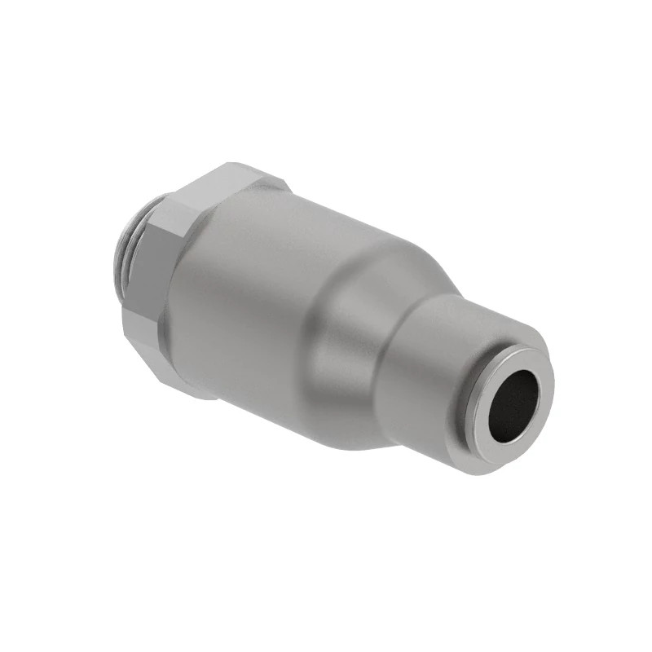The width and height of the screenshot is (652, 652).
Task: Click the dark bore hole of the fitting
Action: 513,404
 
